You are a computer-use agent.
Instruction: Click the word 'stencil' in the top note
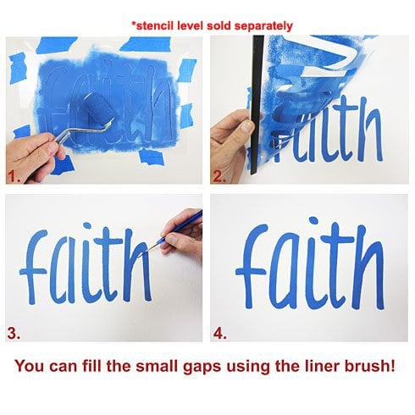pyautogui.click(x=156, y=25)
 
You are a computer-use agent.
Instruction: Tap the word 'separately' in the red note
pyautogui.click(x=263, y=26)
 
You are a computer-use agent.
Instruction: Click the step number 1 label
pyautogui.click(x=14, y=177)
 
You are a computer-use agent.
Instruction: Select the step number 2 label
pyautogui.click(x=219, y=177)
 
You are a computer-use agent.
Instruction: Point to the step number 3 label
pyautogui.click(x=14, y=334)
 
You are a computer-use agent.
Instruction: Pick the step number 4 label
pyautogui.click(x=220, y=334)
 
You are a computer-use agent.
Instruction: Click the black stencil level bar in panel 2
pyautogui.click(x=257, y=104)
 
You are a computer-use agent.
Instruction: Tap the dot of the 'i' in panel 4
pyautogui.click(x=313, y=221)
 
